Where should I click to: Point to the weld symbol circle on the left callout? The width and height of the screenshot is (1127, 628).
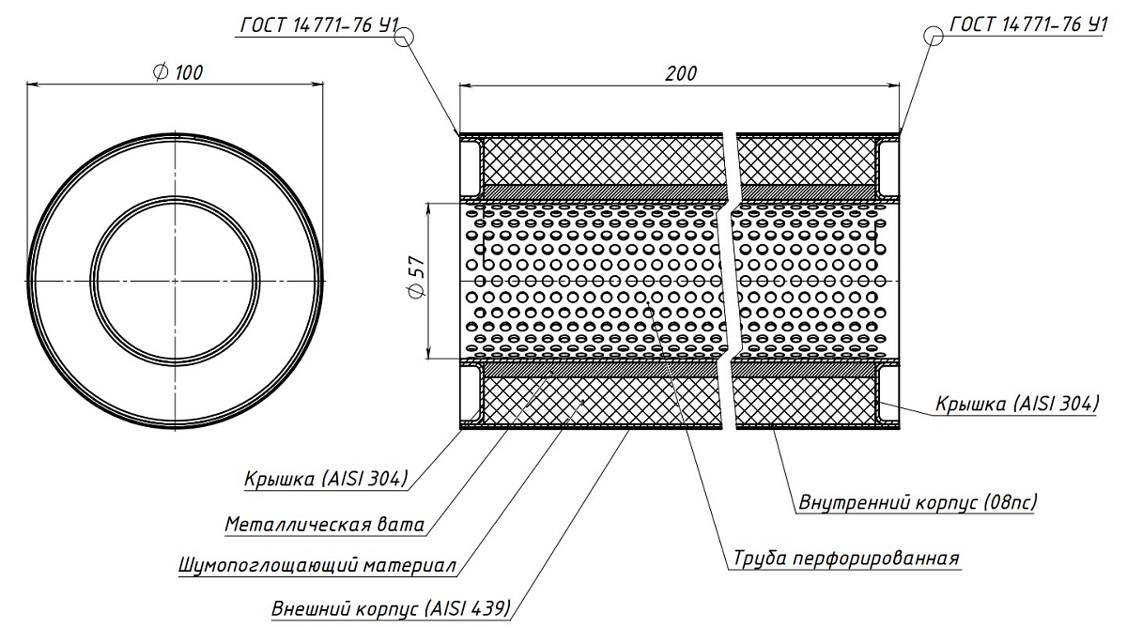405,37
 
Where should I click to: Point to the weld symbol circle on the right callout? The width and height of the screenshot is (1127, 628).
934,36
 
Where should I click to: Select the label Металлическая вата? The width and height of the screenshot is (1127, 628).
324,524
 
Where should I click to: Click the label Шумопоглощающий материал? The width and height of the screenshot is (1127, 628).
316,567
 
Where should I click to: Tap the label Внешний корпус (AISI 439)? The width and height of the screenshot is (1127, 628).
390,608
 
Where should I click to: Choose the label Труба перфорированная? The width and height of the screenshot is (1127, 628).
844,559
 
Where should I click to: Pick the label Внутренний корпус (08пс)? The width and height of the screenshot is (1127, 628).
917,502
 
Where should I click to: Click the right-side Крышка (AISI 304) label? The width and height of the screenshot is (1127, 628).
1016,404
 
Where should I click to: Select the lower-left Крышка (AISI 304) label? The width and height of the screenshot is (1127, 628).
325,479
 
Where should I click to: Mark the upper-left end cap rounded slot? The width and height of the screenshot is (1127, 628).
471,161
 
